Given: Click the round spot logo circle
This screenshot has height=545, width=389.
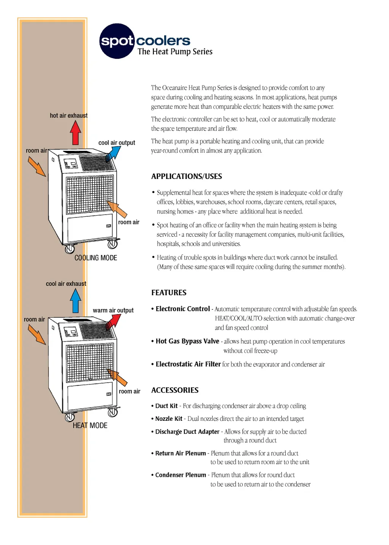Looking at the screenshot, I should click(117, 41).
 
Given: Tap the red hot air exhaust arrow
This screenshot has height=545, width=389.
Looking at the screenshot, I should click(76, 133).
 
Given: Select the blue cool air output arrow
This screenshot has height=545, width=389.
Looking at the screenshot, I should click(113, 153).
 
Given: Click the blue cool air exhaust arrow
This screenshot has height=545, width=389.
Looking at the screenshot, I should click(76, 300).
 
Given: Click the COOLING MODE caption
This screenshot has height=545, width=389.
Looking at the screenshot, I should click(96, 258).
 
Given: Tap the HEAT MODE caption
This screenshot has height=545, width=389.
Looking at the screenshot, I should click(90, 425).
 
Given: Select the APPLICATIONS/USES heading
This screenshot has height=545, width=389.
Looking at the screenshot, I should click(187, 176).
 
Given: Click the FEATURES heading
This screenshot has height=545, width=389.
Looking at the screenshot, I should click(169, 293).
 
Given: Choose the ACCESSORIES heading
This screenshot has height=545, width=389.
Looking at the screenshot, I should click(175, 390).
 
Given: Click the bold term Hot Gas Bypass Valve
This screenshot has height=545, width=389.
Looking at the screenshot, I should click(187, 341).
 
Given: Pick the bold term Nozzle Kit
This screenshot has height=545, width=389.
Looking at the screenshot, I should click(169, 419).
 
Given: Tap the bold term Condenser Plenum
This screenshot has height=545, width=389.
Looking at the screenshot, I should click(180, 475).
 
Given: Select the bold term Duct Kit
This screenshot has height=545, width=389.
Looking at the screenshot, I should click(166, 406).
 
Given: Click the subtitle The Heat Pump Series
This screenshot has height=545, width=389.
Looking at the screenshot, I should click(175, 52).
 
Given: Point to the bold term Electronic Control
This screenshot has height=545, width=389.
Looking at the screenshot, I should click(183, 309).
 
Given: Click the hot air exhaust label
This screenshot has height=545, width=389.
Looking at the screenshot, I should click(69, 116).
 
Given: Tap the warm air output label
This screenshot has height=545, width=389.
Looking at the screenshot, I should click(113, 311).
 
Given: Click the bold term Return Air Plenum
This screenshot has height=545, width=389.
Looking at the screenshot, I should click(180, 453).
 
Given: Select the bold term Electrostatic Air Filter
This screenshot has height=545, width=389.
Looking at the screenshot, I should click(188, 364).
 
